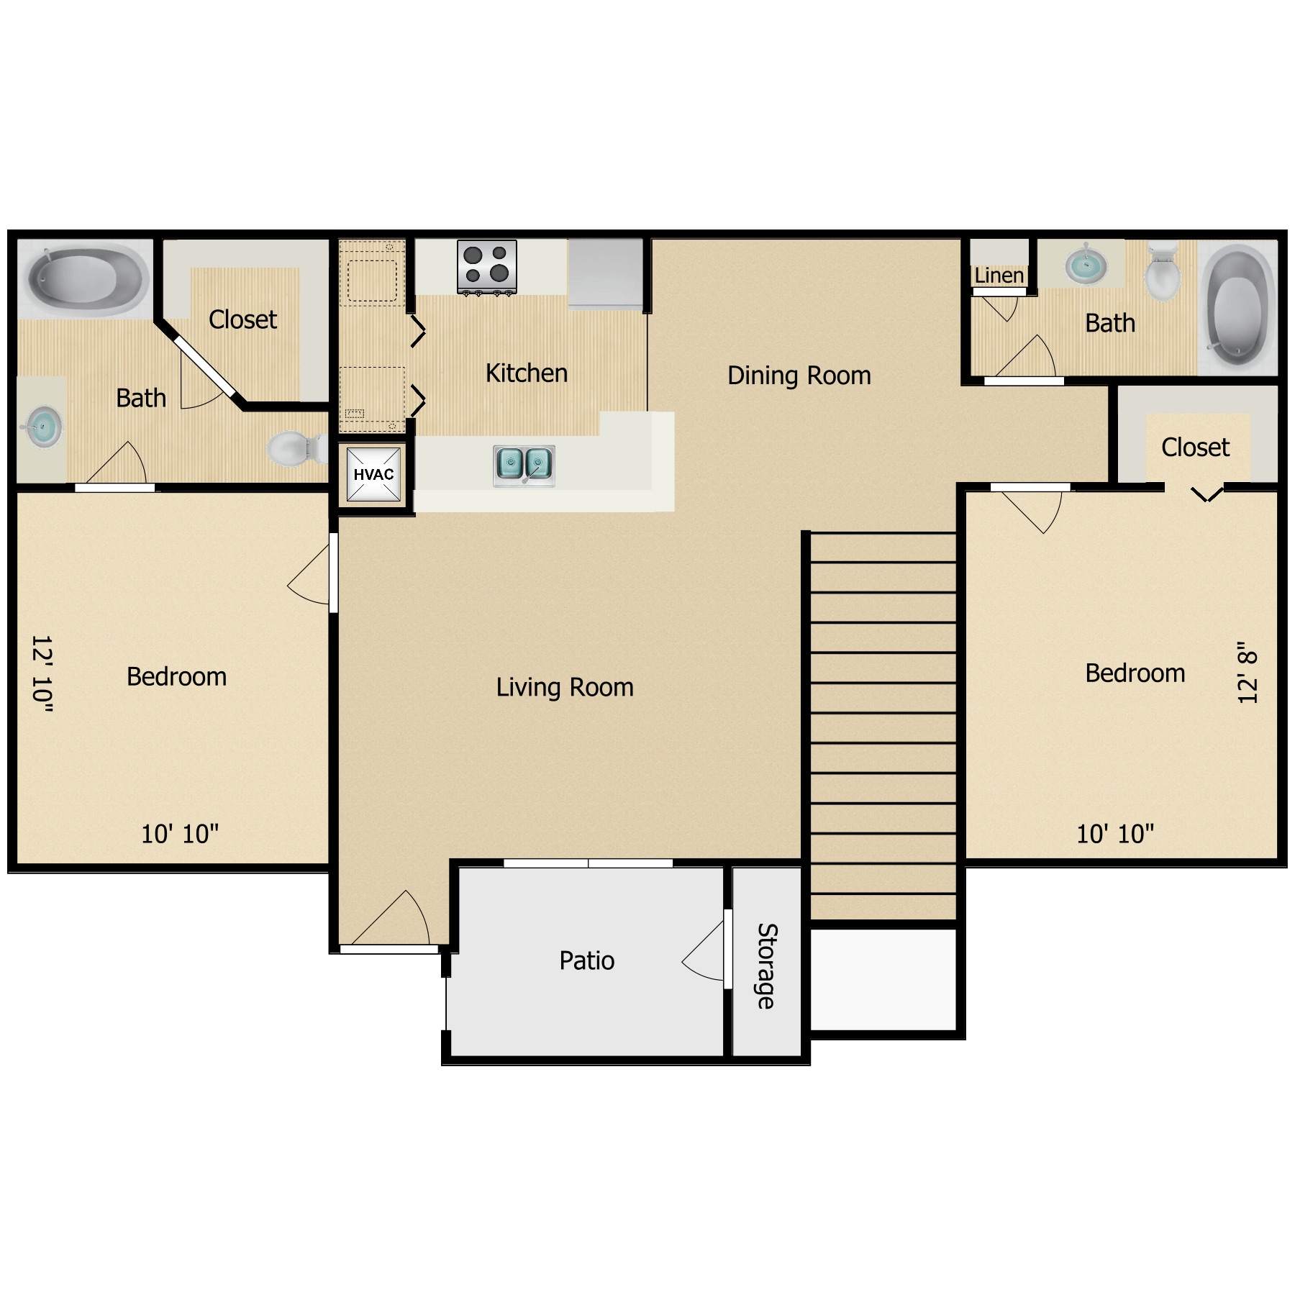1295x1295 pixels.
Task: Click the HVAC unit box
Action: pos(373,474)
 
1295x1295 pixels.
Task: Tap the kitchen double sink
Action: pos(524,465)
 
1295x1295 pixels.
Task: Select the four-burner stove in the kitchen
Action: pos(487,267)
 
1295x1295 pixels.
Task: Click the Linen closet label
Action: pos(999,276)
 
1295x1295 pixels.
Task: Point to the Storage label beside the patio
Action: pos(767,966)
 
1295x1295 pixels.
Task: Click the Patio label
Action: pos(587,960)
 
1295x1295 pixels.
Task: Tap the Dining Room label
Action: pos(799,376)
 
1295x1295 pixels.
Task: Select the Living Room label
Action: pos(565,687)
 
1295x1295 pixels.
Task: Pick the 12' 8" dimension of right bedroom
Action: pos(1247,673)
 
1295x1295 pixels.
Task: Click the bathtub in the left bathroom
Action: pos(88,277)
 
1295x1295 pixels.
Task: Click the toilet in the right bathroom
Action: pos(1162,271)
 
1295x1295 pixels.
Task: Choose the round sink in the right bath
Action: pos(1086,264)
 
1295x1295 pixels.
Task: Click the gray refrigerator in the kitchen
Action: pos(605,274)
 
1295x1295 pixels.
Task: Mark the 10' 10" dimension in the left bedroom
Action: pos(180,834)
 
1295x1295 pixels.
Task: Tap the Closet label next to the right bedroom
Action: pos(1195,447)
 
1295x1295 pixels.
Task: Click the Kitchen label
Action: pos(527,373)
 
